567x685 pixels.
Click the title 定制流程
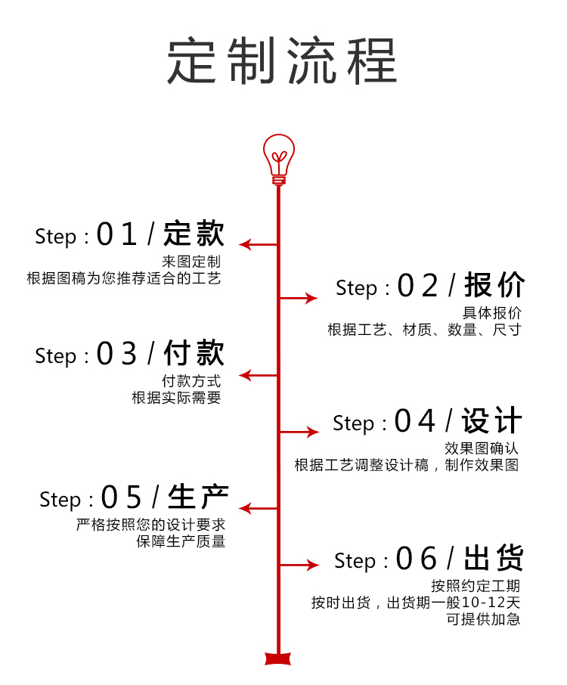(282, 60)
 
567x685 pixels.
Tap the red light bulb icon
(278, 158)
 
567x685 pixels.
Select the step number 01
(117, 235)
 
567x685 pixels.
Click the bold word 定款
(194, 234)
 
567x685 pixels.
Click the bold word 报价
(494, 286)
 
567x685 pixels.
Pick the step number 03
(117, 355)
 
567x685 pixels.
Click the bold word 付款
(194, 353)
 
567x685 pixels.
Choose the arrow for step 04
(299, 432)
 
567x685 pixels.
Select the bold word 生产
(198, 497)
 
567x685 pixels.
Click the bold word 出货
(493, 559)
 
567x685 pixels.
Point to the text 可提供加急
(483, 618)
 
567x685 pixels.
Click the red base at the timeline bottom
(278, 658)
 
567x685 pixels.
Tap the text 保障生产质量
(181, 541)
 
